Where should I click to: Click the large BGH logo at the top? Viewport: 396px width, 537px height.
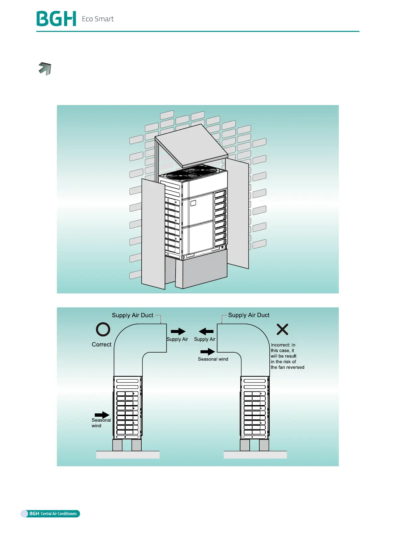56,19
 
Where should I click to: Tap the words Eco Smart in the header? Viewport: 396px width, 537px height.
98,19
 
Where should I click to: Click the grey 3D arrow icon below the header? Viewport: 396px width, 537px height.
45,68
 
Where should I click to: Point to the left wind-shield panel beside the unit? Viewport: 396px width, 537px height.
153,233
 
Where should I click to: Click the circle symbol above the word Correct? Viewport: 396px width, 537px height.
103,329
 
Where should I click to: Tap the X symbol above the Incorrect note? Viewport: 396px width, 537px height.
282,329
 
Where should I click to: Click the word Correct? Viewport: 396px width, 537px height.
101,345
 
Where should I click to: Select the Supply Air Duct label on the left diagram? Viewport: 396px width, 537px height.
132,315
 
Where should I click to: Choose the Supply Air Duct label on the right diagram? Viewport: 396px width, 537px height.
249,315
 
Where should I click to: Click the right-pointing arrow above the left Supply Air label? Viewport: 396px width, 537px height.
178,331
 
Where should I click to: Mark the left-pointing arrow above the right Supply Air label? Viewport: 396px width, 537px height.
206,331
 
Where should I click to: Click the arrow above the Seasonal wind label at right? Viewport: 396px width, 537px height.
207,352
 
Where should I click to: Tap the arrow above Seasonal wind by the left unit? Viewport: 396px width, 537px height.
102,415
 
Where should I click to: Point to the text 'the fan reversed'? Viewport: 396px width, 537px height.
287,367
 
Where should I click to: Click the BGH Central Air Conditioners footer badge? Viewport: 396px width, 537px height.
51,513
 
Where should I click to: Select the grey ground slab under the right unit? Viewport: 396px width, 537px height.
255,455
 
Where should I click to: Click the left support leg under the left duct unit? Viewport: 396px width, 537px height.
117,445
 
